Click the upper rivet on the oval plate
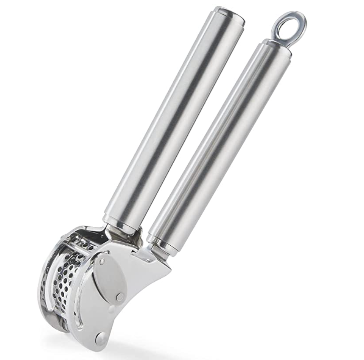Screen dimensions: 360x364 pyautogui.click(x=102, y=261)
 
